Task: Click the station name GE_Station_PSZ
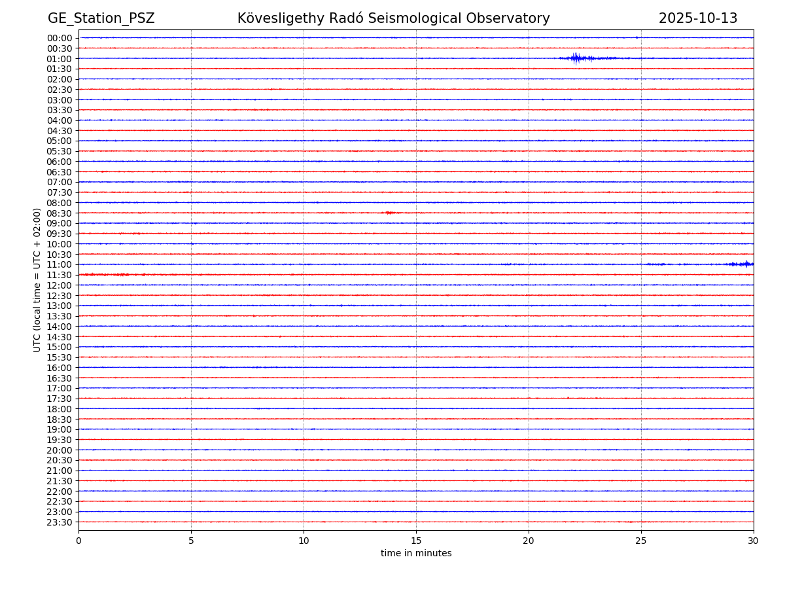pyautogui.click(x=101, y=18)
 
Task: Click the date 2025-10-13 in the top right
pyautogui.click(x=697, y=18)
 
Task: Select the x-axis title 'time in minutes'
pyautogui.click(x=416, y=554)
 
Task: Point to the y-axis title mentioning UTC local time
pyautogui.click(x=37, y=279)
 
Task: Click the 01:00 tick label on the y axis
pyautogui.click(x=60, y=58)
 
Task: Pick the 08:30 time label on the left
pyautogui.click(x=60, y=213)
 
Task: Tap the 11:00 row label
pyautogui.click(x=60, y=264)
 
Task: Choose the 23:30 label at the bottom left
pyautogui.click(x=60, y=522)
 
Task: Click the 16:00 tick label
pyautogui.click(x=60, y=368)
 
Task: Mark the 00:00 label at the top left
pyautogui.click(x=60, y=38)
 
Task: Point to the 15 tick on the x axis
pyautogui.click(x=416, y=541)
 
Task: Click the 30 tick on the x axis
pyautogui.click(x=754, y=541)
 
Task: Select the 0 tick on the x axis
pyautogui.click(x=78, y=541)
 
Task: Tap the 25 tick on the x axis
pyautogui.click(x=641, y=541)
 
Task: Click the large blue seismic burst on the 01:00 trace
pyautogui.click(x=576, y=58)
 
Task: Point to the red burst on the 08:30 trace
pyautogui.click(x=389, y=213)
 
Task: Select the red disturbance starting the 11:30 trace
pyautogui.click(x=105, y=274)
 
